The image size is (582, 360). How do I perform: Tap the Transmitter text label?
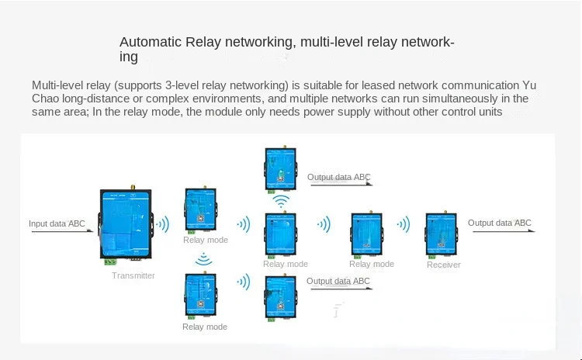click(133, 275)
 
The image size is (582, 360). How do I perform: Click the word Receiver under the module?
click(443, 265)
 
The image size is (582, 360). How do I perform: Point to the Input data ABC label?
click(57, 224)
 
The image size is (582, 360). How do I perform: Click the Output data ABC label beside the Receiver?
click(500, 223)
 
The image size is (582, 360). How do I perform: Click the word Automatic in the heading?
click(151, 42)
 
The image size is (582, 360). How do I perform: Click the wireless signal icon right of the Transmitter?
click(163, 225)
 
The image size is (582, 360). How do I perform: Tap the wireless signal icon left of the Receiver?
click(403, 225)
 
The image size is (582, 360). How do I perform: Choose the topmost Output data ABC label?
click(338, 177)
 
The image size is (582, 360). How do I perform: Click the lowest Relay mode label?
click(205, 327)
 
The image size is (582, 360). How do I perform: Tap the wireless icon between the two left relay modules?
click(203, 259)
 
